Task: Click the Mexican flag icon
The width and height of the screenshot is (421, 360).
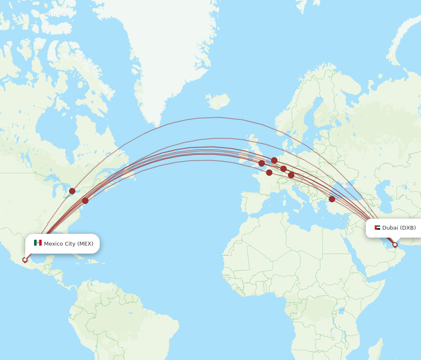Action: (x=38, y=243)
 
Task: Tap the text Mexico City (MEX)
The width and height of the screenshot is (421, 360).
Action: (x=69, y=244)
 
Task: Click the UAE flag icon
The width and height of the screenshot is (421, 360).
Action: (x=377, y=228)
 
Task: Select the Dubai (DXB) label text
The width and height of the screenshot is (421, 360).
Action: (x=399, y=228)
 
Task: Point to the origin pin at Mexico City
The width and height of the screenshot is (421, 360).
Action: (x=25, y=260)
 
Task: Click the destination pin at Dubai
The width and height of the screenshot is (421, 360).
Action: (x=395, y=245)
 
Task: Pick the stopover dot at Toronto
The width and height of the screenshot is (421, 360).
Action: (x=72, y=191)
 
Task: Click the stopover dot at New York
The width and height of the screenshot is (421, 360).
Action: (x=85, y=201)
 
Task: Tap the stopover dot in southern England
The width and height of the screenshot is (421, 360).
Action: (x=261, y=163)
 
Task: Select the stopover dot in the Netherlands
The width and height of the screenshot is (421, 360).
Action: (x=274, y=160)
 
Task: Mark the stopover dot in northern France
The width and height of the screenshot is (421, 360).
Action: (x=269, y=172)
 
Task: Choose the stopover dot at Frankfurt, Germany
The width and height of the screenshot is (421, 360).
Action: (x=283, y=169)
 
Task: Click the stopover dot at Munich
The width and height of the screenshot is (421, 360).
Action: (x=291, y=175)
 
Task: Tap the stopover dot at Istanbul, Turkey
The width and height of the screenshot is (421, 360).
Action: (x=332, y=199)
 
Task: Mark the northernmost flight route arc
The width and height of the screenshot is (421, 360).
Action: (x=219, y=117)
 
